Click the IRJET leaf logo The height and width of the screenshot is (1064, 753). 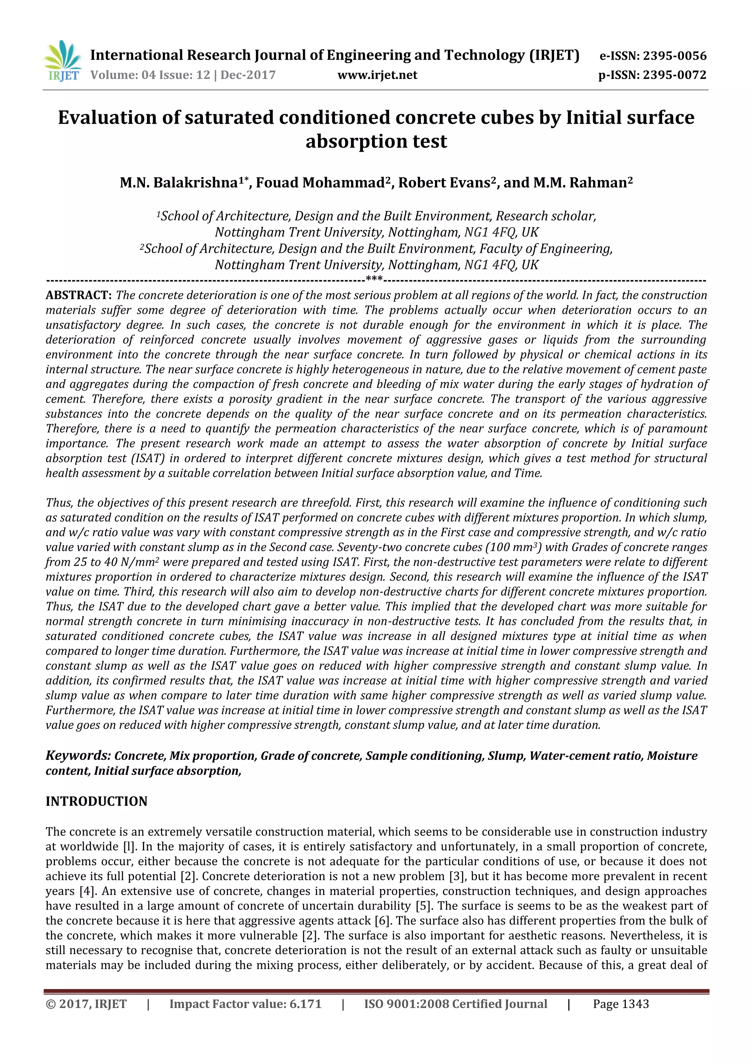[63, 61]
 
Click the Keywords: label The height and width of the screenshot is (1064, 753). [78, 756]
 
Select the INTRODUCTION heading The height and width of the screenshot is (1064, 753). [96, 802]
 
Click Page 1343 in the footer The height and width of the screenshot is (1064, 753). [621, 1004]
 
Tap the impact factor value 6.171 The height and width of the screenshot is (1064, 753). [305, 1004]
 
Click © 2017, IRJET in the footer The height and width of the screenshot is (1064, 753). [86, 1004]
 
